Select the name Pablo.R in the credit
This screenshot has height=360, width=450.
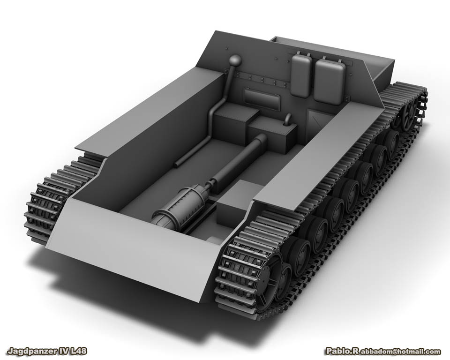[342, 351]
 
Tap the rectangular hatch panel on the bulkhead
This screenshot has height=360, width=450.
[262, 98]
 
